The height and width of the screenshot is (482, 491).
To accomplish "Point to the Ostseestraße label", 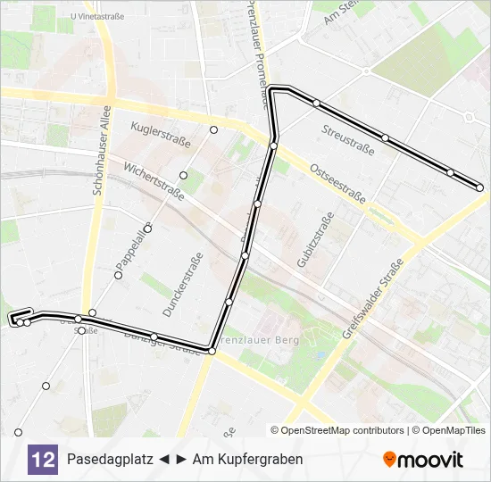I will [337, 184].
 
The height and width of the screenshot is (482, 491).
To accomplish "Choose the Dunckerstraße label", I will [183, 285].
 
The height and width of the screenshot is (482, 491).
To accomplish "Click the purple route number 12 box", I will [42, 459].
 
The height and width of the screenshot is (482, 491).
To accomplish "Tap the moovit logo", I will [423, 460].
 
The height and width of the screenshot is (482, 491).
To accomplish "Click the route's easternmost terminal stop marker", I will [480, 187].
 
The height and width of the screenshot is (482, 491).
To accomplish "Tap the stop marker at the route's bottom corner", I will [212, 352].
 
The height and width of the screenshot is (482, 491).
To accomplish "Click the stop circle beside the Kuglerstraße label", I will [213, 130].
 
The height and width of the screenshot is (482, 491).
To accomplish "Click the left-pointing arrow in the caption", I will [164, 459].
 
